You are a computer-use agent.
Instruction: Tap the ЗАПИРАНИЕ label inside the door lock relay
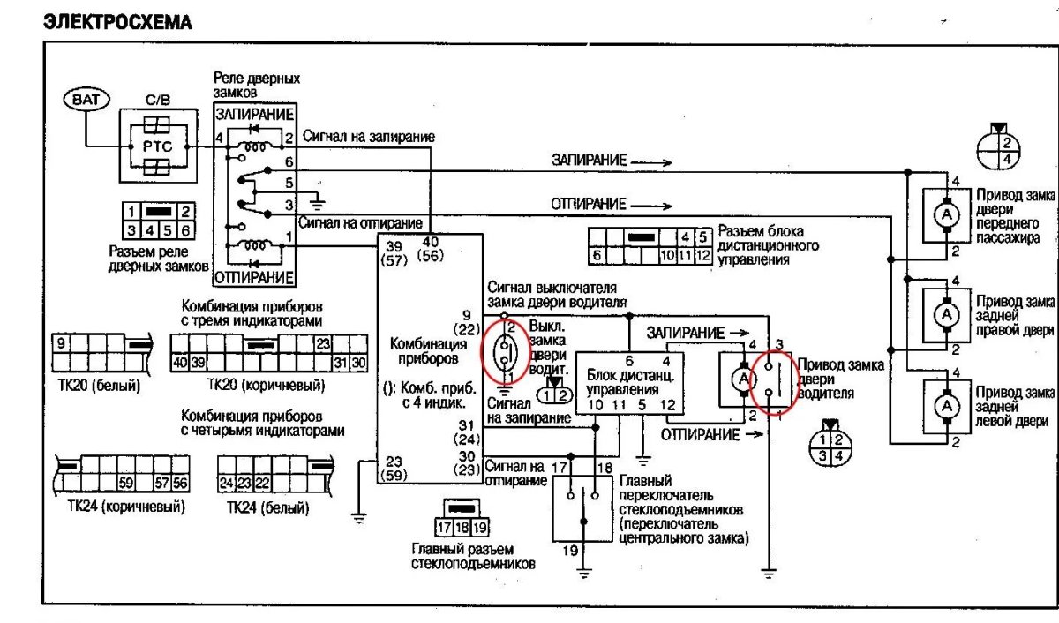pos(254,116)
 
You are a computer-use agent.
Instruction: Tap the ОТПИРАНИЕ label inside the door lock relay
pos(254,278)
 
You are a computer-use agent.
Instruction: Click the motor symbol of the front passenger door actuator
pos(946,216)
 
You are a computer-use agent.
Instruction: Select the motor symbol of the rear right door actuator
pos(946,314)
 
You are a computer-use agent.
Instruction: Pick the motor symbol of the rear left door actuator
pos(946,406)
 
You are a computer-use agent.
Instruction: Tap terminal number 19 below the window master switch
pos(570,551)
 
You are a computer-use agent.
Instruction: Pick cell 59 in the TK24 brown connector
pos(125,483)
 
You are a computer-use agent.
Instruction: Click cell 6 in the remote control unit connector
pos(598,255)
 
